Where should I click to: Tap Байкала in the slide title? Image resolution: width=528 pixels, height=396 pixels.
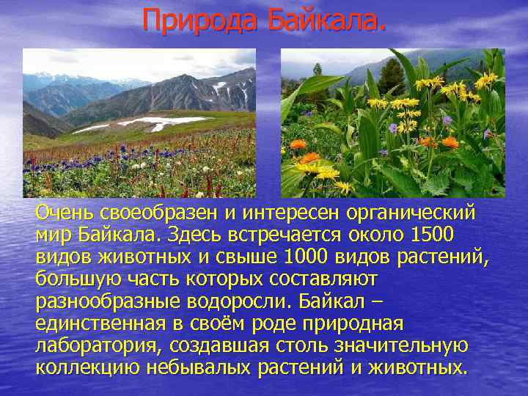(x=325, y=20)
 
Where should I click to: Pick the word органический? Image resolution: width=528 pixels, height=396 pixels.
(x=414, y=213)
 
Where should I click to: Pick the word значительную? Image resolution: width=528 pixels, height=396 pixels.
(x=402, y=345)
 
